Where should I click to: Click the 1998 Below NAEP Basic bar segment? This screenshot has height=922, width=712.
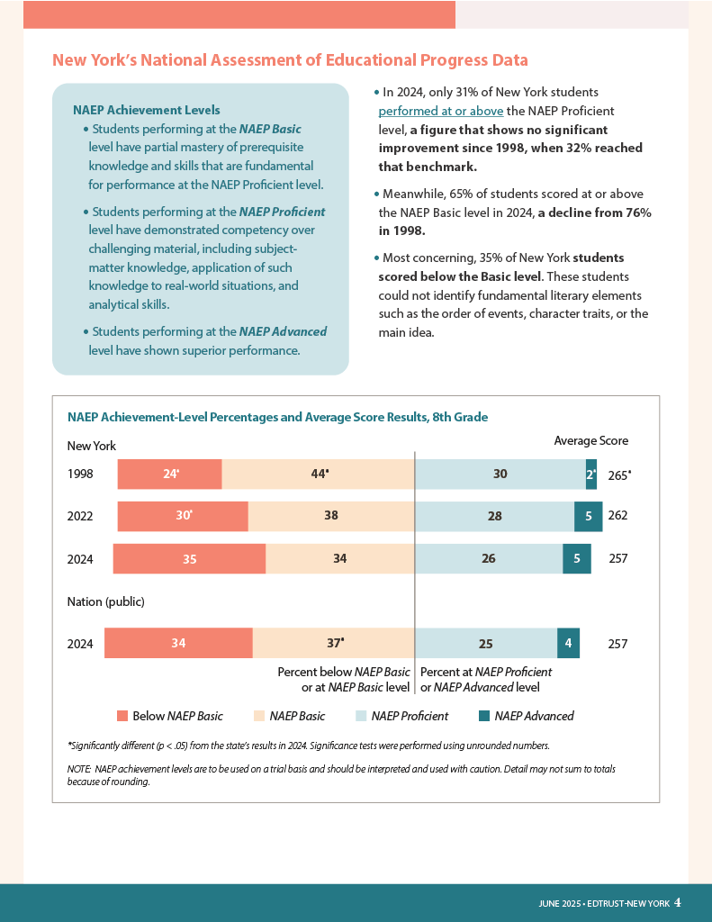point(169,474)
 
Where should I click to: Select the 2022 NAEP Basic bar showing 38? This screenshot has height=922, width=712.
point(331,516)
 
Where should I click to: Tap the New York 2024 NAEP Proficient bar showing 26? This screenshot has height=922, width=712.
point(489,558)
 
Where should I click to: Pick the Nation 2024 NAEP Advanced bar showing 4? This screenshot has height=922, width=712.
point(568,643)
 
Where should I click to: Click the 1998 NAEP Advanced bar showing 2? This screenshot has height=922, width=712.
point(590,474)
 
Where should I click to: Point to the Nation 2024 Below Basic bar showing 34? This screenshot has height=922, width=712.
point(178,643)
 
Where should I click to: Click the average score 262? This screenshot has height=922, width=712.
point(617,516)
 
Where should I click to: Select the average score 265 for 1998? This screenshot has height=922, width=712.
point(619,475)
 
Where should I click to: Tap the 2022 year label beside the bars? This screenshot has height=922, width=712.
point(80,516)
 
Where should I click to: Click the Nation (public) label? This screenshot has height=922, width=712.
point(106,601)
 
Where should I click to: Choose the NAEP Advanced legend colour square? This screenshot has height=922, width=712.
point(484,716)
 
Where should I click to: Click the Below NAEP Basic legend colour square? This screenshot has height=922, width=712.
point(122,716)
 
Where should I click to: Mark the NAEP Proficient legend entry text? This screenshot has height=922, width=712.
point(410,716)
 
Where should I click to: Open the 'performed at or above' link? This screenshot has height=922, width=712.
point(441,111)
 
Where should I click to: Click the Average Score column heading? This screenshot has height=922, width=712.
point(590,441)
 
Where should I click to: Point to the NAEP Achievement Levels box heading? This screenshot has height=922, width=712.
point(147,110)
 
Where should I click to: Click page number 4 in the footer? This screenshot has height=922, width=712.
point(678,902)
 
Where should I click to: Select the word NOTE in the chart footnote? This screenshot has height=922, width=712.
point(79,769)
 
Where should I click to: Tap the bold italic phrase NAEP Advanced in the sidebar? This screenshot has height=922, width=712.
point(283,331)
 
